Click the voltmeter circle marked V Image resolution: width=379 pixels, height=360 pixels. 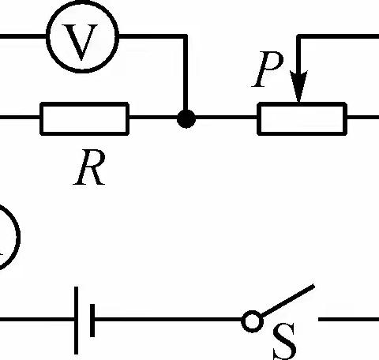click(x=82, y=36)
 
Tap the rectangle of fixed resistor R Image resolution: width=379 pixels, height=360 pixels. click(x=84, y=119)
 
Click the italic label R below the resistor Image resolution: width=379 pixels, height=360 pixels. click(x=89, y=169)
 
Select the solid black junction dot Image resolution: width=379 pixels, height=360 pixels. click(x=186, y=119)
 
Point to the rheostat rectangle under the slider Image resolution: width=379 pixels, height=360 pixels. click(x=301, y=119)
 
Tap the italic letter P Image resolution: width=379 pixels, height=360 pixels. click(x=266, y=73)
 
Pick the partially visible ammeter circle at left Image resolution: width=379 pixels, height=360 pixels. click(x=6, y=237)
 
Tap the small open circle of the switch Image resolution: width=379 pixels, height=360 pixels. click(x=252, y=321)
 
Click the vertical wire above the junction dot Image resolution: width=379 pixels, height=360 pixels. click(x=186, y=75)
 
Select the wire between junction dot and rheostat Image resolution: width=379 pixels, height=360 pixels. click(x=225, y=119)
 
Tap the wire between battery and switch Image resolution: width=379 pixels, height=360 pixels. click(x=170, y=321)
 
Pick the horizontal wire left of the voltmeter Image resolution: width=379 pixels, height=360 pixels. click(x=22, y=36)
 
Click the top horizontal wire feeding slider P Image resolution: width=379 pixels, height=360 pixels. click(x=340, y=36)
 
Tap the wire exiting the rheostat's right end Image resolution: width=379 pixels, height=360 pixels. click(x=362, y=119)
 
